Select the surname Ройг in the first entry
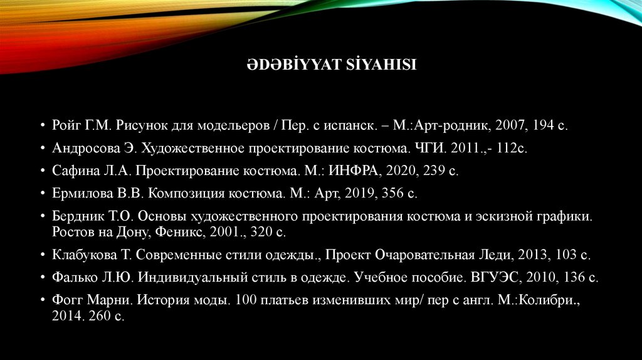point(66,125)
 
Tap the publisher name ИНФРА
point(354,171)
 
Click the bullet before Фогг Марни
point(41,300)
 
